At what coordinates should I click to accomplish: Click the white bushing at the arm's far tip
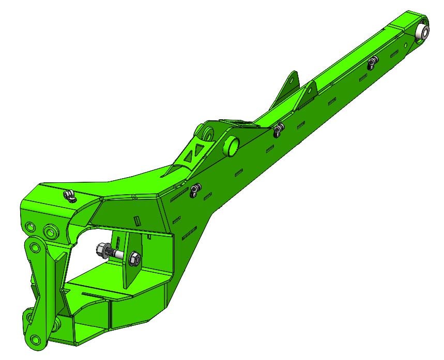click(x=423, y=31)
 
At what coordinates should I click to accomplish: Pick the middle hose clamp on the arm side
click(x=279, y=128)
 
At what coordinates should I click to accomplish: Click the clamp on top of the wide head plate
click(x=69, y=195)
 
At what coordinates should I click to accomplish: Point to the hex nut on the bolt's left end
click(x=102, y=252)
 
